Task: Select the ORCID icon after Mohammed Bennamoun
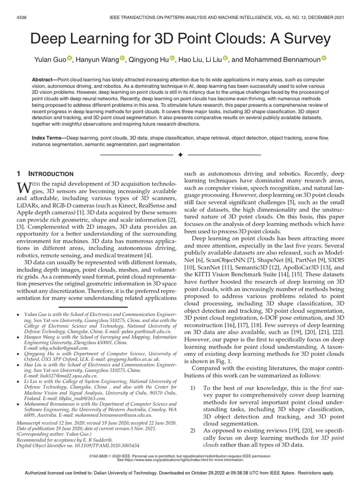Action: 323,59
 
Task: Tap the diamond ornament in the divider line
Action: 180,154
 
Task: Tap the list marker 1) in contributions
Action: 194,388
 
